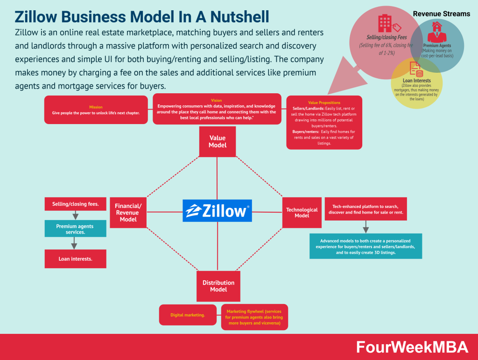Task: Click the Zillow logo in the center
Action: pyautogui.click(x=217, y=211)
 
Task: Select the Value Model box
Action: pyautogui.click(x=218, y=142)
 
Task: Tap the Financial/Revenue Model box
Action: pyautogui.click(x=128, y=213)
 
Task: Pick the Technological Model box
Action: pyautogui.click(x=302, y=213)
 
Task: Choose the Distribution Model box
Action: pyautogui.click(x=218, y=286)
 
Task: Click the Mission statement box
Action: pyautogui.click(x=96, y=110)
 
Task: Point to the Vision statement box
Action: pyautogui.click(x=217, y=109)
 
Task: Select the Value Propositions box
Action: pyautogui.click(x=324, y=122)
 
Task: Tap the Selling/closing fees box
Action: pyautogui.click(x=75, y=204)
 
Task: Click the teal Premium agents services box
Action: pyautogui.click(x=75, y=228)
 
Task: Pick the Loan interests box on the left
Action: pyautogui.click(x=75, y=259)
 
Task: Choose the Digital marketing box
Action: pyautogui.click(x=188, y=315)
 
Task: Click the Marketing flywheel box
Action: pyautogui.click(x=254, y=317)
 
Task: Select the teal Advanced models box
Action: pyautogui.click(x=366, y=246)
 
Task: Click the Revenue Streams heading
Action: pyautogui.click(x=441, y=14)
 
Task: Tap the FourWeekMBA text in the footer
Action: pyautogui.click(x=412, y=347)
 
